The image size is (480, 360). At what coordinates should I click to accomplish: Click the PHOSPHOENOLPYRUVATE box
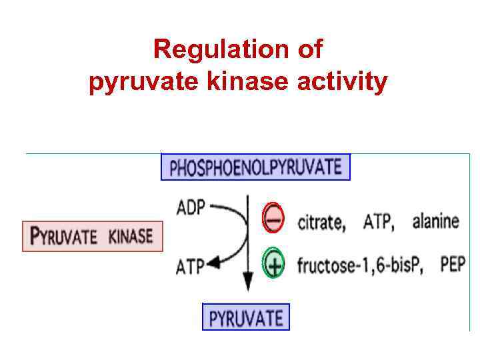[x=255, y=167]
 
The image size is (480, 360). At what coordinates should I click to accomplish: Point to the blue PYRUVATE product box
[x=246, y=317]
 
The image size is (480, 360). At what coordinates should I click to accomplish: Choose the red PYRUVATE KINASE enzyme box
[x=93, y=236]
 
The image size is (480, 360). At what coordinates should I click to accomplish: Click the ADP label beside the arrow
[x=191, y=208]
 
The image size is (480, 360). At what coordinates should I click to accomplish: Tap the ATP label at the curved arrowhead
[x=189, y=267]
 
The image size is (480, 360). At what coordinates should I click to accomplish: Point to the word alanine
[x=435, y=221]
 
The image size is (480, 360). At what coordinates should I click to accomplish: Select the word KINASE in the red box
[x=131, y=236]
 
